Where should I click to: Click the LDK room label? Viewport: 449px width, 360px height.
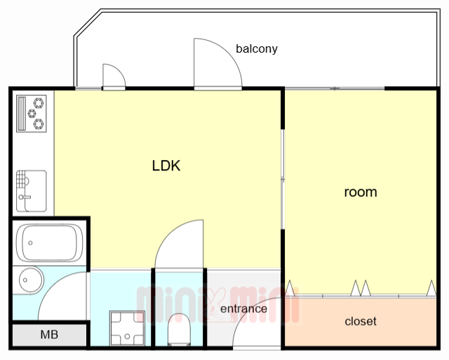click(x=166, y=166)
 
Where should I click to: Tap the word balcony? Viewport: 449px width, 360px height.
click(x=257, y=48)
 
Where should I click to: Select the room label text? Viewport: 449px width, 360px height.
click(x=361, y=192)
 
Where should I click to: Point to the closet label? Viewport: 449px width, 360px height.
click(x=361, y=321)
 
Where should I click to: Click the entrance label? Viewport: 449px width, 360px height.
click(x=243, y=309)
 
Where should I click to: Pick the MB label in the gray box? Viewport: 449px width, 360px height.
click(x=49, y=334)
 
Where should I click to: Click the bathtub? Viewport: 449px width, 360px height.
click(x=49, y=243)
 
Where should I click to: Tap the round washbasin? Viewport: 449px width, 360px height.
click(x=31, y=280)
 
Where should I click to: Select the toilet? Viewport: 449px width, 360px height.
click(x=179, y=330)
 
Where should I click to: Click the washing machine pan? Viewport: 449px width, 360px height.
click(x=127, y=328)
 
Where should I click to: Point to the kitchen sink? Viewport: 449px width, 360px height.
click(x=31, y=191)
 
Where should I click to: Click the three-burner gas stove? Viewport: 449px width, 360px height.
click(x=31, y=114)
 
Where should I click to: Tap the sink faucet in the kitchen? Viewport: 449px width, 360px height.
click(x=24, y=197)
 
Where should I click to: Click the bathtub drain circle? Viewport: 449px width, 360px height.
click(x=30, y=243)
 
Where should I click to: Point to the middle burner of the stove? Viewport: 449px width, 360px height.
click(x=32, y=114)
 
